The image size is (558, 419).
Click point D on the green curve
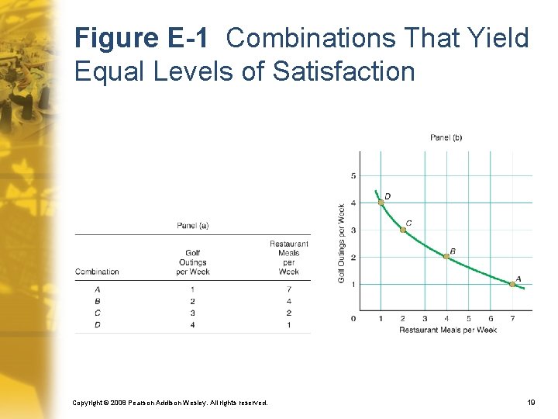pyautogui.click(x=381, y=202)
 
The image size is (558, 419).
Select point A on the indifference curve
pyautogui.click(x=512, y=284)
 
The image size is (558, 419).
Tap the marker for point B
pyautogui.click(x=446, y=256)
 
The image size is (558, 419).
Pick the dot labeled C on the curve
pyautogui.click(x=403, y=230)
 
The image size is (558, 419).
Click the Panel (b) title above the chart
pyautogui.click(x=446, y=137)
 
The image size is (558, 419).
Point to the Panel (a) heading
pyautogui.click(x=193, y=226)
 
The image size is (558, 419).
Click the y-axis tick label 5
pyautogui.click(x=353, y=176)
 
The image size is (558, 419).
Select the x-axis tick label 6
pyautogui.click(x=491, y=318)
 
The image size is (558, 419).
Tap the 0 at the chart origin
pyautogui.click(x=353, y=318)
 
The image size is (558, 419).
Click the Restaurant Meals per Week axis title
pyautogui.click(x=447, y=330)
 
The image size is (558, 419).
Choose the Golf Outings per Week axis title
pyautogui.click(x=342, y=243)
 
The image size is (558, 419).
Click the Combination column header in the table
pyautogui.click(x=97, y=272)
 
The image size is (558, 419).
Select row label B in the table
pyautogui.click(x=97, y=301)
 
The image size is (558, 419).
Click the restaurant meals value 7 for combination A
pyautogui.click(x=288, y=289)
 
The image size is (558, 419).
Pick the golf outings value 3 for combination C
pyautogui.click(x=192, y=313)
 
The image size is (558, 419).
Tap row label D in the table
pyautogui.click(x=97, y=324)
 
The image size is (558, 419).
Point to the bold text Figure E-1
pyautogui.click(x=140, y=37)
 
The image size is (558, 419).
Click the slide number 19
pyautogui.click(x=531, y=403)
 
